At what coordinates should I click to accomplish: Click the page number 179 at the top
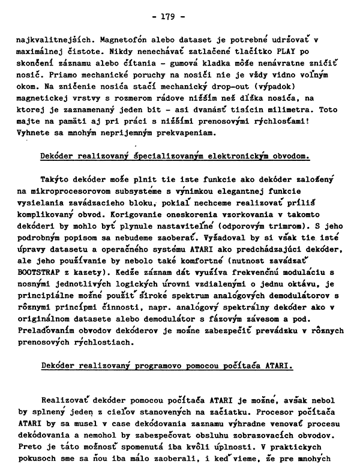click(x=178, y=17)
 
